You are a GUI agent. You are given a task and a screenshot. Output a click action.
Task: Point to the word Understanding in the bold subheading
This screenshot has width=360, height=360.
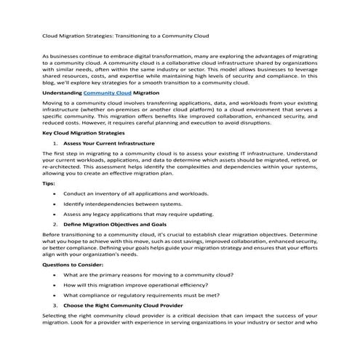[63, 93]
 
